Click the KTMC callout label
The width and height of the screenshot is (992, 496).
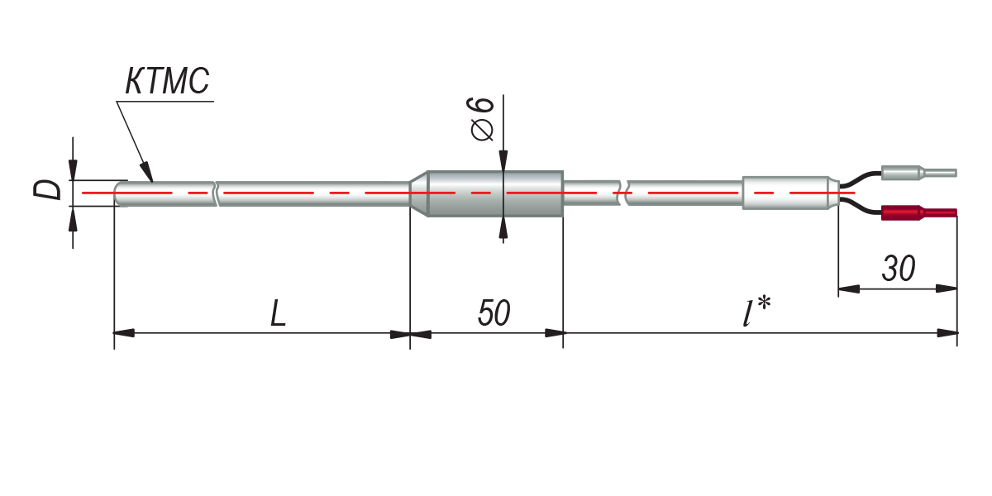[x=169, y=83]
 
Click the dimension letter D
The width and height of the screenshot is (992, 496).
[x=51, y=190]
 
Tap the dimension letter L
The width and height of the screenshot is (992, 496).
[x=279, y=315]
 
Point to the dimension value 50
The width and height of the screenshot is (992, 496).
[x=494, y=314]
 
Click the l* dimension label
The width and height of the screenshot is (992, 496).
[x=756, y=314]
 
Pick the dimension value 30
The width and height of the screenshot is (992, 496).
[x=898, y=269]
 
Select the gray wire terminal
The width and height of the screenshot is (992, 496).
[x=918, y=174]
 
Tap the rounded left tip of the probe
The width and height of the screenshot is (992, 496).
[x=118, y=193]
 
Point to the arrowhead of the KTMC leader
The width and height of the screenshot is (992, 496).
[x=149, y=174]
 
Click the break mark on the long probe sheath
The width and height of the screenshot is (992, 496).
[x=216, y=194]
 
